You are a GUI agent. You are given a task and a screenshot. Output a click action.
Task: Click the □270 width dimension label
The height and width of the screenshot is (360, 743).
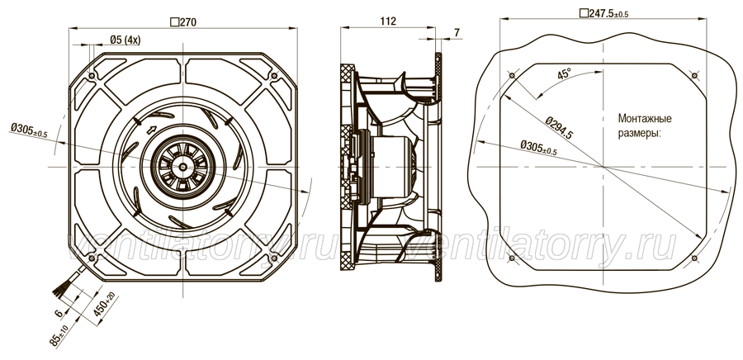coord(183,21)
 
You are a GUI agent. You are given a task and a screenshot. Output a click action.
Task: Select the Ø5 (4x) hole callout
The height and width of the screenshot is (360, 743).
coord(125,40)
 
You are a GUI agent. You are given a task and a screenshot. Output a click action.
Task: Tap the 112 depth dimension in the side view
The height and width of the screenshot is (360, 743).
coord(388,21)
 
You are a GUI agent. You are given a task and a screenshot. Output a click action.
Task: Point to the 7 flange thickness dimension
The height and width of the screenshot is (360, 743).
coord(457,32)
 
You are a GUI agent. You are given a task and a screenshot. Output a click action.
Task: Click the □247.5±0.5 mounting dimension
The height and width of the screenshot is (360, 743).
coord(604,13)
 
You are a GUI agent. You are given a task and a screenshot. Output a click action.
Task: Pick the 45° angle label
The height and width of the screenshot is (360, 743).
coord(564,73)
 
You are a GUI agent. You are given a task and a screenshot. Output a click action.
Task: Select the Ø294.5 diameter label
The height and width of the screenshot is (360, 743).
coord(559,127)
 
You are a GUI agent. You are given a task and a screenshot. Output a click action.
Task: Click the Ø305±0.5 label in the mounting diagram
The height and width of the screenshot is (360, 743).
coord(538,147)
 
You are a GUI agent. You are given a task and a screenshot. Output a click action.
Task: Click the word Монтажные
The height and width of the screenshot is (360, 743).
coord(645,118)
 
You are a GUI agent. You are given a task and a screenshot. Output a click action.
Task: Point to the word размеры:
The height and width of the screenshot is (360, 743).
coord(639,133)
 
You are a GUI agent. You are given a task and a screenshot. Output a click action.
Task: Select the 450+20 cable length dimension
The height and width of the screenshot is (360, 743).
coord(105,305)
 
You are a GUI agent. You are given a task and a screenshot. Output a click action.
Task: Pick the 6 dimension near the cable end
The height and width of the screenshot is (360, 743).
coord(59,313)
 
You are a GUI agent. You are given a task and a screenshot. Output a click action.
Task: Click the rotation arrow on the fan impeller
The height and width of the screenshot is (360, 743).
coord(152,130)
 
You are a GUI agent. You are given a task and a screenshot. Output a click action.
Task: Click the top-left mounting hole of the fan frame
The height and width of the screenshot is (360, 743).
coord(92,76)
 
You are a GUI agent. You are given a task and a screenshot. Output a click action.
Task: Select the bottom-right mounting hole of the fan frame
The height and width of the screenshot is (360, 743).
coord(274,258)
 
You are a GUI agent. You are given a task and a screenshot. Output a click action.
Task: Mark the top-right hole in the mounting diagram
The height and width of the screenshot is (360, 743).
coord(694,76)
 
